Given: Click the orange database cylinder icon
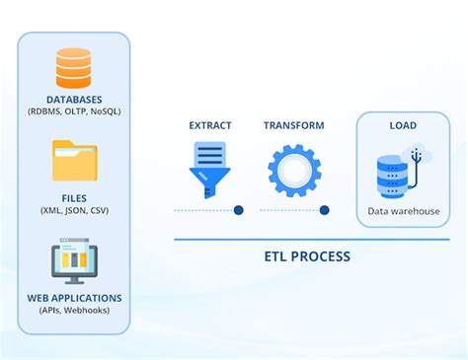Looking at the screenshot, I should pyautogui.click(x=73, y=69).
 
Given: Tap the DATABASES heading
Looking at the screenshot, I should pyautogui.click(x=73, y=100).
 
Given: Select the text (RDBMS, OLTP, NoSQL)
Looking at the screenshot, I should pyautogui.click(x=73, y=112).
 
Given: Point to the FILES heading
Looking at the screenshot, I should pyautogui.click(x=73, y=197).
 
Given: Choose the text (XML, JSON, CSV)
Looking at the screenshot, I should pyautogui.click(x=73, y=210).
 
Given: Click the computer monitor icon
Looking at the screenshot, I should pyautogui.click(x=73, y=262).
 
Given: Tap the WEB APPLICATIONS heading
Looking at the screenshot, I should pyautogui.click(x=73, y=297).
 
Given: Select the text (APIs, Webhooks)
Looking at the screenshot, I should pyautogui.click(x=73, y=310).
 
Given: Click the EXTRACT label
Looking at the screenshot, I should pyautogui.click(x=210, y=126).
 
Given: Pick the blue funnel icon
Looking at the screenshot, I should pyautogui.click(x=209, y=169).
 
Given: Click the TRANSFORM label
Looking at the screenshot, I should pyautogui.click(x=294, y=126).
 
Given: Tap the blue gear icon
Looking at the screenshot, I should pyautogui.click(x=294, y=169).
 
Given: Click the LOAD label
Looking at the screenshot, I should pyautogui.click(x=402, y=126).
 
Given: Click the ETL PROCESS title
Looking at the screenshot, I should pyautogui.click(x=306, y=256).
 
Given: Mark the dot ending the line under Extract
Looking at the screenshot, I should pyautogui.click(x=239, y=210).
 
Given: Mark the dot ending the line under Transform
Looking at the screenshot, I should pyautogui.click(x=324, y=210).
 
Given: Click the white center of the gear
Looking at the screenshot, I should pyautogui.click(x=294, y=169).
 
